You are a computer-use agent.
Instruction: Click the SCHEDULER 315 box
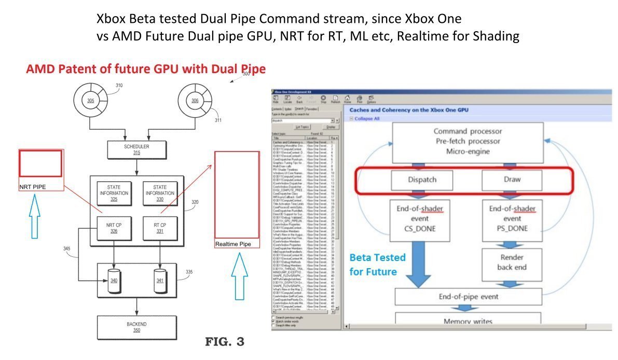coord(136,149)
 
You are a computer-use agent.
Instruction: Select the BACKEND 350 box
coord(136,327)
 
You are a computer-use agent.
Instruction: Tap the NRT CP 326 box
coord(114,227)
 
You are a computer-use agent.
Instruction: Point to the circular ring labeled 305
coord(90,101)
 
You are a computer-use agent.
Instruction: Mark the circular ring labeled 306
coord(195,101)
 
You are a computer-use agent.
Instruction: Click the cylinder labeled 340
coord(114,279)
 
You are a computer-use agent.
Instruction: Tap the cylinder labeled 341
coord(160,279)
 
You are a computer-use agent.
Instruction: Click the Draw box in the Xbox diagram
coord(512,179)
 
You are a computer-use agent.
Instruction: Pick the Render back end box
coord(512,262)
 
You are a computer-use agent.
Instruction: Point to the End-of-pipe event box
coord(468,297)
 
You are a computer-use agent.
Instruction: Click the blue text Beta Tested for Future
coord(377,265)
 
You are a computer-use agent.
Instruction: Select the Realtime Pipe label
coord(233,244)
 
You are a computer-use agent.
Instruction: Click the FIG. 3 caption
coord(224,342)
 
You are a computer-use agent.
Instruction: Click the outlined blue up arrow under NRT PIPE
coord(34,217)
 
